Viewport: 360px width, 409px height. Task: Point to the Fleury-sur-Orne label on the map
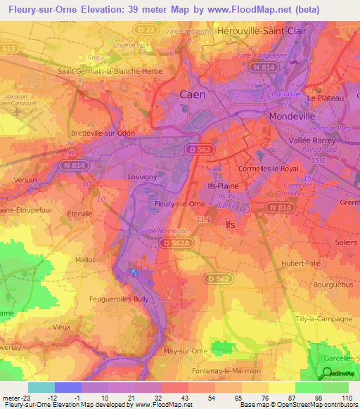[179, 204]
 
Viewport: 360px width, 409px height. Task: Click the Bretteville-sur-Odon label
[104, 132]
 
